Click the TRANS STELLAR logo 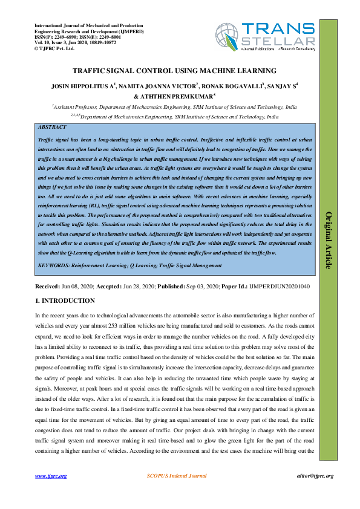(279, 36)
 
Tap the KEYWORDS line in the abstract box (129, 265)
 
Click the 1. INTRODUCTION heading (65, 300)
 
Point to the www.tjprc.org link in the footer (51, 476)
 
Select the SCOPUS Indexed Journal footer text (177, 476)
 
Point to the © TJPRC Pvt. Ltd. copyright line (54, 48)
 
